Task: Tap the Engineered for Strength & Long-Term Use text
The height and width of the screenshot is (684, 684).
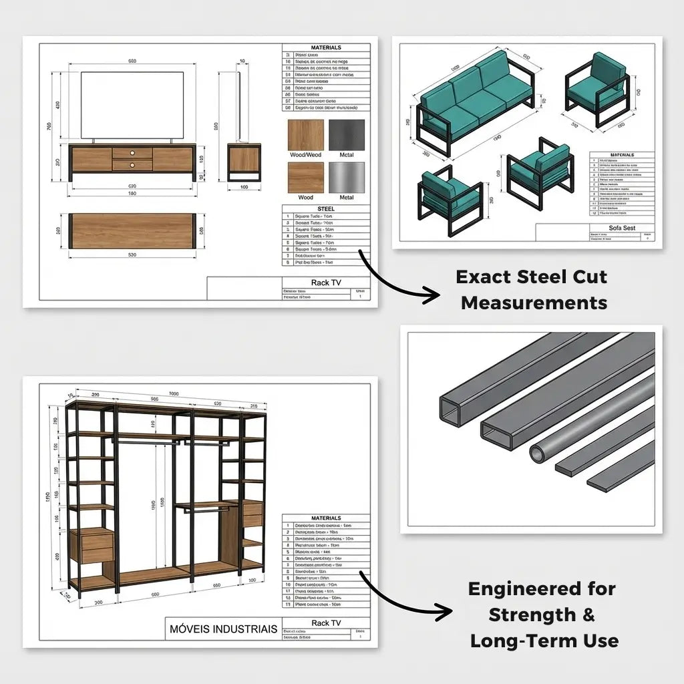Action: (x=543, y=615)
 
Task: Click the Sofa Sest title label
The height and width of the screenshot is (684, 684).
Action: (x=622, y=228)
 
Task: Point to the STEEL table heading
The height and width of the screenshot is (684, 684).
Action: (x=325, y=209)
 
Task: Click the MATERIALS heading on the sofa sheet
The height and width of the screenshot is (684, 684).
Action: (x=621, y=155)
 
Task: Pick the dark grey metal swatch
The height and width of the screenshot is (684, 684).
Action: (x=346, y=135)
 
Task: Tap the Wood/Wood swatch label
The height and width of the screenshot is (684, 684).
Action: (x=305, y=155)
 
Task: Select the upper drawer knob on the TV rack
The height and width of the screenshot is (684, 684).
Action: (x=132, y=152)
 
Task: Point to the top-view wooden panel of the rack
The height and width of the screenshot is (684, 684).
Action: (x=132, y=231)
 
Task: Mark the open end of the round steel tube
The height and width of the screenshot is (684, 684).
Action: (x=538, y=454)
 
